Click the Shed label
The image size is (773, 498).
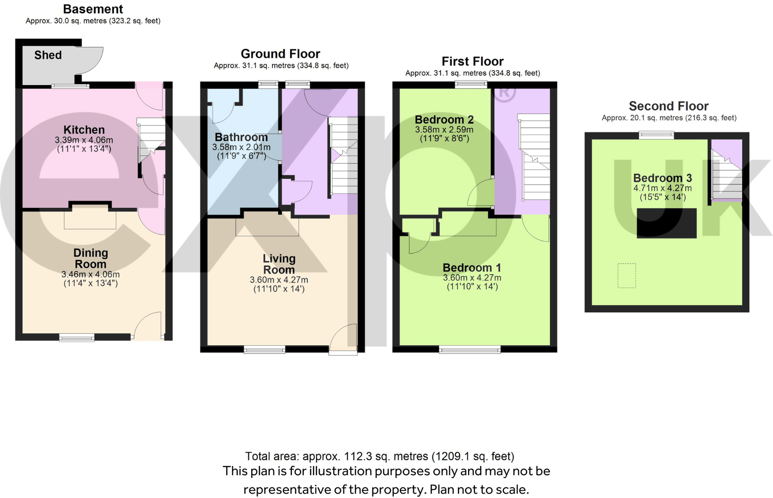pyautogui.click(x=48, y=55)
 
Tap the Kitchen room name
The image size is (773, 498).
pyautogui.click(x=84, y=130)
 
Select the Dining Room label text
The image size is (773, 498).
pyautogui.click(x=91, y=258)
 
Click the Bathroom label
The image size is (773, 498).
pyautogui.click(x=241, y=137)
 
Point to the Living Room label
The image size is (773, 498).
pyautogui.click(x=279, y=264)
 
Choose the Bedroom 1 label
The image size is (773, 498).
pyautogui.click(x=472, y=268)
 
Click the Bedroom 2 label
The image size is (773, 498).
pyautogui.click(x=444, y=119)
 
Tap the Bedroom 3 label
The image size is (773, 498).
pyautogui.click(x=662, y=178)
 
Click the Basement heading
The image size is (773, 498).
pyautogui.click(x=93, y=9)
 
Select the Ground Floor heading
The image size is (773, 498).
pyautogui.click(x=281, y=54)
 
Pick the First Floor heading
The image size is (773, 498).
pyautogui.click(x=473, y=61)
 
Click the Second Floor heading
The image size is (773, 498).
pyautogui.click(x=669, y=106)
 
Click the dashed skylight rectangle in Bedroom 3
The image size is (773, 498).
pyautogui.click(x=627, y=276)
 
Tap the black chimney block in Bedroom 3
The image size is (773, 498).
pyautogui.click(x=667, y=223)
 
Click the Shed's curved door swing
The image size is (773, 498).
pyautogui.click(x=89, y=60)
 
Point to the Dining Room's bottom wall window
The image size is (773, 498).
pyautogui.click(x=77, y=337)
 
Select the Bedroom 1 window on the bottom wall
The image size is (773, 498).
pyautogui.click(x=470, y=350)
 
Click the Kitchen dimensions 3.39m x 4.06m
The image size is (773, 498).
pyautogui.click(x=84, y=140)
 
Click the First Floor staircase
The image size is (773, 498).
pyautogui.click(x=533, y=157)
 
